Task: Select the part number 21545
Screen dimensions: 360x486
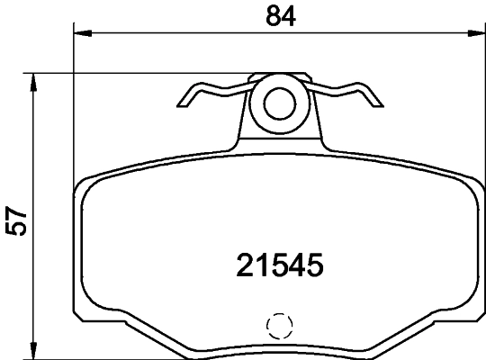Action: (x=279, y=265)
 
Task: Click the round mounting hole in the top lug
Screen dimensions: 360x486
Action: (x=278, y=101)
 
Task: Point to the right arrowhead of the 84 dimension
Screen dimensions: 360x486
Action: (x=477, y=34)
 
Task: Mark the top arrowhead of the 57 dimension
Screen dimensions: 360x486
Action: (x=34, y=80)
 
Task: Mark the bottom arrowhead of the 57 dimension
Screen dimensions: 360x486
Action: (x=34, y=352)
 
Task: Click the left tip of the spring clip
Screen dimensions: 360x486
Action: (x=184, y=102)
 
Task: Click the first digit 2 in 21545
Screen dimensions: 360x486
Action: (x=246, y=265)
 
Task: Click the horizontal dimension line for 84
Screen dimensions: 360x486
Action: (x=180, y=34)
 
